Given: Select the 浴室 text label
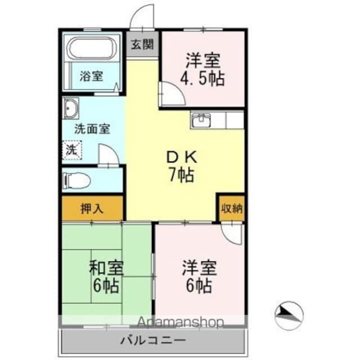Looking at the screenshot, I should tap(91, 75).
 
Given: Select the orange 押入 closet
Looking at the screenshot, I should tap(92, 209).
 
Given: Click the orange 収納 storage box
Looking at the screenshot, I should tap(231, 209).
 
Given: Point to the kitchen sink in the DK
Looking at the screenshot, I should tap(201, 120).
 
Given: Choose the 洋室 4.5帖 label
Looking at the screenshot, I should tap(202, 69).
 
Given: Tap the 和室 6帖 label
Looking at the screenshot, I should tap(106, 276).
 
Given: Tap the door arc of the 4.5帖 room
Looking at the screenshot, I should tap(170, 93).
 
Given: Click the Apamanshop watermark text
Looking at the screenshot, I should tap(179, 322).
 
